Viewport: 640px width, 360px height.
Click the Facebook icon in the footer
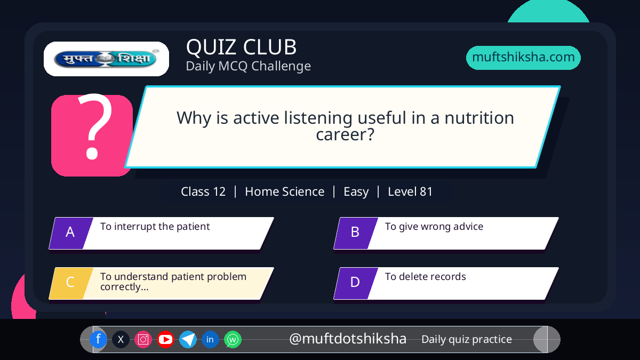point(98,339)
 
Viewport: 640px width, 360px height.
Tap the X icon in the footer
point(121,339)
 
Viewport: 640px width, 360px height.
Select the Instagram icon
point(143,339)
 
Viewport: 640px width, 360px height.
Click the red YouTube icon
point(165,339)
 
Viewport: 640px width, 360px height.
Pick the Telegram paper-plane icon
point(188,339)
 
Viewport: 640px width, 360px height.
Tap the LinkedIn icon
point(210,339)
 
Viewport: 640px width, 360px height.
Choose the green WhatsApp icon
point(233,339)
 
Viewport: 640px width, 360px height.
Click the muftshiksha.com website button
point(523,58)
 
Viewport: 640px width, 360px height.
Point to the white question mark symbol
point(94,126)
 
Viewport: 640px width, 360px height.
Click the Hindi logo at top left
point(106,59)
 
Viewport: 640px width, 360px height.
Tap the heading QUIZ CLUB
point(242,47)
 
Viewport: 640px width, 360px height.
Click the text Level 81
point(410,191)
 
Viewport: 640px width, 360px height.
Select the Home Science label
point(285,191)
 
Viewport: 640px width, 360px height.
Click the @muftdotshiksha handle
point(348,339)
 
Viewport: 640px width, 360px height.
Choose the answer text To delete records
point(426,277)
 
